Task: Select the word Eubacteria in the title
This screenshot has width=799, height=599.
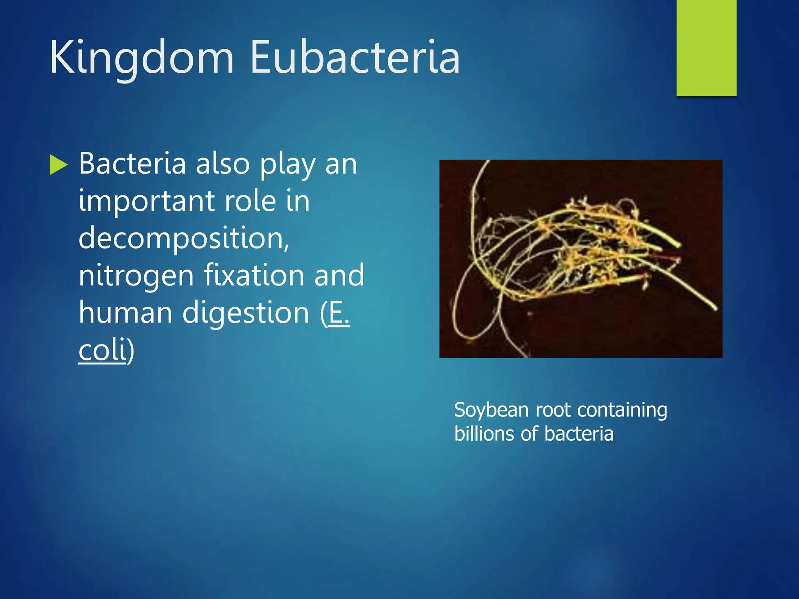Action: pos(355,58)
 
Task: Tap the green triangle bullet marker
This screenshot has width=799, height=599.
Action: pos(59,165)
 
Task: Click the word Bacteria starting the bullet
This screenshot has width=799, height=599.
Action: pos(132,163)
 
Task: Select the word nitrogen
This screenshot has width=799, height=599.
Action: pos(136,276)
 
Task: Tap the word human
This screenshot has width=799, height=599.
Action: pos(125,313)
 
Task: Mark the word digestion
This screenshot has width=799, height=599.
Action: pos(246,313)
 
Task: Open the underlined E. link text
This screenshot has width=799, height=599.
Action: pos(339,313)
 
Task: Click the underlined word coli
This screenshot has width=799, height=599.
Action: pos(103,350)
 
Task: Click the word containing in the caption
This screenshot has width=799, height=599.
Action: pos(622,410)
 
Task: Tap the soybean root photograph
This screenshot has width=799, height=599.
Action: pos(581,259)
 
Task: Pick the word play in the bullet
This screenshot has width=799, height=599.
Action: pos(288,164)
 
